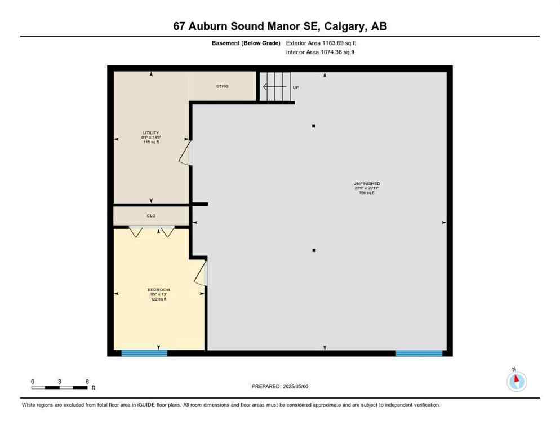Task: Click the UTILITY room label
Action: click(151, 133)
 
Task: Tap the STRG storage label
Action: click(222, 86)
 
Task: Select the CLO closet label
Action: click(151, 215)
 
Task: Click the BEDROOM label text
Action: click(158, 290)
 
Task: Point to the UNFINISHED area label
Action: click(366, 184)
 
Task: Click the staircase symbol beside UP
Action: click(275, 87)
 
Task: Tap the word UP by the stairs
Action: click(296, 87)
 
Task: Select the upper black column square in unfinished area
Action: click(314, 126)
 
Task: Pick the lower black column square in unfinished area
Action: click(314, 250)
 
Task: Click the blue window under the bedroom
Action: click(144, 354)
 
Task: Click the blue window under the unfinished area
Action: click(419, 354)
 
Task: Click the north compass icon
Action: click(516, 381)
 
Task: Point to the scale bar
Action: click(60, 387)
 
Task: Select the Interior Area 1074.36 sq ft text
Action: click(320, 52)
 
